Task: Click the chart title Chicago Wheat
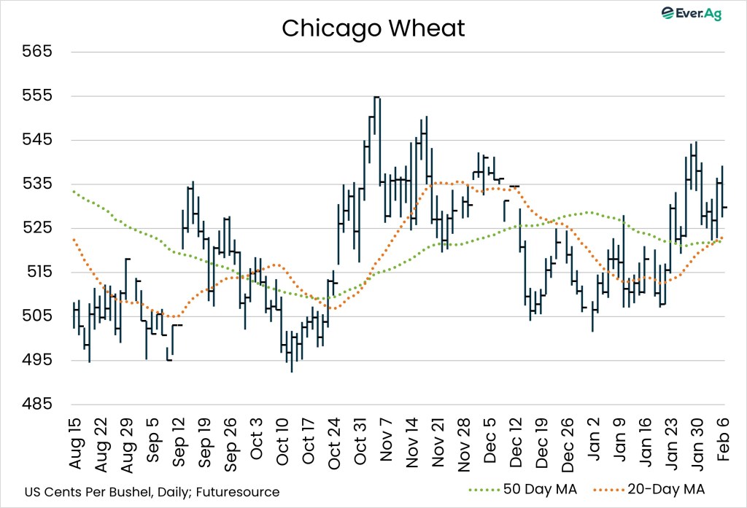(373, 28)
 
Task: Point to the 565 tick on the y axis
(39, 52)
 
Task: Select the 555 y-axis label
(39, 96)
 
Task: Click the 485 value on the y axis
(39, 404)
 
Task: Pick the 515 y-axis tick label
(39, 272)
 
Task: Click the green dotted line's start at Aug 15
(74, 191)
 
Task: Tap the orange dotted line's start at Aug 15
(74, 239)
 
